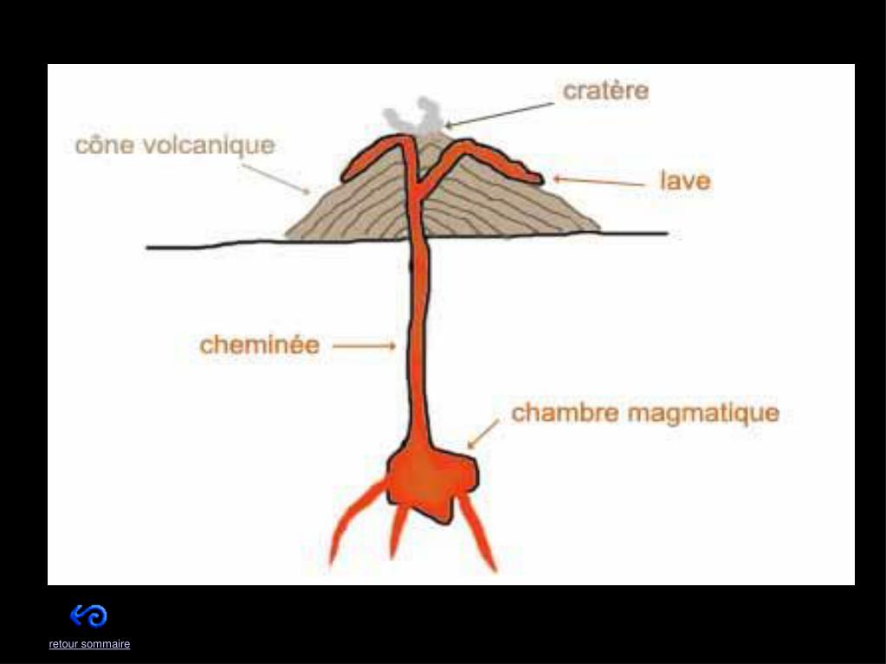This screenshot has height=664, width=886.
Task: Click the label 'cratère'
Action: (x=605, y=90)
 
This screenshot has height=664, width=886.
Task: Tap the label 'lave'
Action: (x=685, y=181)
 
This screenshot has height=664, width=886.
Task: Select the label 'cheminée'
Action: (x=260, y=345)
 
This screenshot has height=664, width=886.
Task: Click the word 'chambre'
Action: (x=565, y=413)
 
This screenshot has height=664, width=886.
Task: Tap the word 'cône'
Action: (x=104, y=145)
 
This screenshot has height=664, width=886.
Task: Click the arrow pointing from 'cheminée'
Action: (x=364, y=346)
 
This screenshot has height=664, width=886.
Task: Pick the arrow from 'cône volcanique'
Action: (x=275, y=177)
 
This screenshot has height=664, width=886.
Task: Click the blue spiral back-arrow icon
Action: (x=88, y=616)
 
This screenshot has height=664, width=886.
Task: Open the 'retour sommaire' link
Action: (x=89, y=644)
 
